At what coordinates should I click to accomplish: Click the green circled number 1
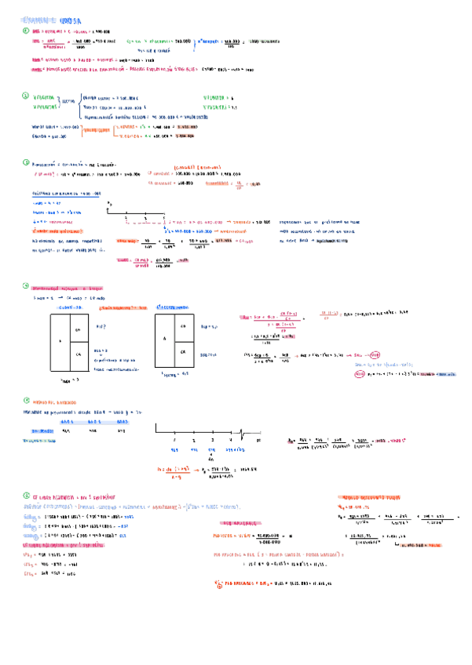tap(25, 30)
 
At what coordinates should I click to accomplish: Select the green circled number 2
tap(25, 96)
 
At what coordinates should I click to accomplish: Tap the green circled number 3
tap(25, 163)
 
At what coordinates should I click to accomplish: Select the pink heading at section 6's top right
tap(374, 497)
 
